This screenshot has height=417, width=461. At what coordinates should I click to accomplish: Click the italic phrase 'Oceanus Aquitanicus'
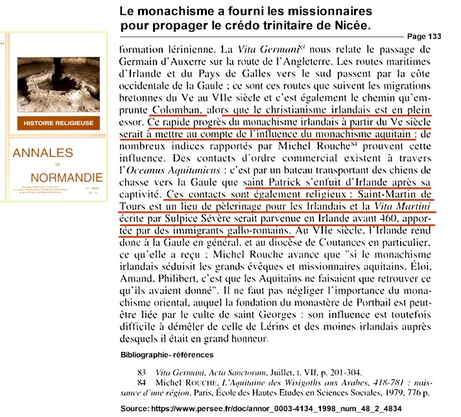172,171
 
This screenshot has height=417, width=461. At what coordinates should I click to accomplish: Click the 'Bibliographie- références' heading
167,354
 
